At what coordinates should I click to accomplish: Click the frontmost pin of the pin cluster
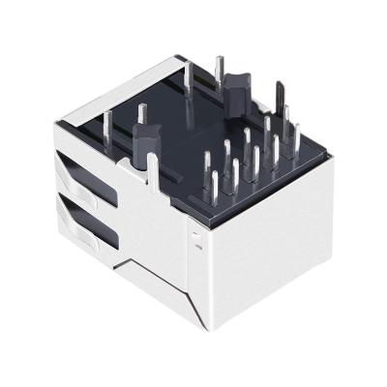[213, 188]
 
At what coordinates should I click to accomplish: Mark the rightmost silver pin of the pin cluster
[296, 136]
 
